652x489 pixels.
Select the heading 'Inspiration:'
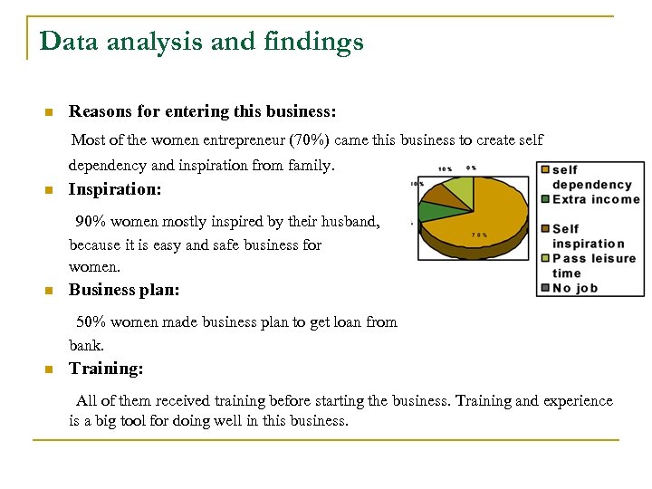tap(115, 189)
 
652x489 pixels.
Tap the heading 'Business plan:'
tap(124, 290)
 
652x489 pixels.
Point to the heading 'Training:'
tap(106, 369)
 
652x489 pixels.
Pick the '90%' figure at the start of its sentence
tap(92, 222)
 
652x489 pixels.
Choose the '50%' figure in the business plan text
tap(92, 322)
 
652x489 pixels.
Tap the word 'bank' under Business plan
tap(85, 346)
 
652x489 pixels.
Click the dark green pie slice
tap(432, 212)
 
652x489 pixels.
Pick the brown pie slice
tap(438, 194)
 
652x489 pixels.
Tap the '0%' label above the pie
tap(471, 168)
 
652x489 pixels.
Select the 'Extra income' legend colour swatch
tap(543, 199)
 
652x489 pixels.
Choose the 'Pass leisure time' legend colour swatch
tap(543, 258)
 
